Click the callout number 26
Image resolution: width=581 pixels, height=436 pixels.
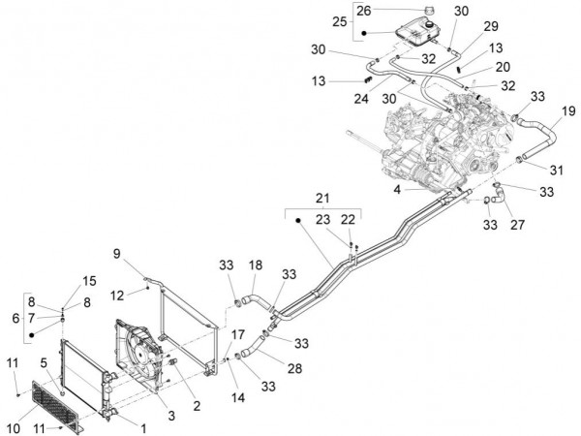coord(363,11)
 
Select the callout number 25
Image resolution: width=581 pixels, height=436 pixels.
coord(340,21)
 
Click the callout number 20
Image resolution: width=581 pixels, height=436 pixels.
coord(502,67)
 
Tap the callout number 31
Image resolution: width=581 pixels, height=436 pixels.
coord(557,171)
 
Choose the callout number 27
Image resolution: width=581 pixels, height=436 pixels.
coord(516,225)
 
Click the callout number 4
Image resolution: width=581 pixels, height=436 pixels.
coord(396,191)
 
